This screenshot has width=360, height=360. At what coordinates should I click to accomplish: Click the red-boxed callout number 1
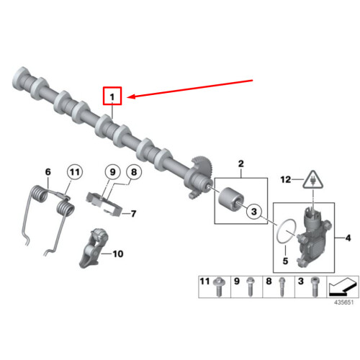click(112, 95)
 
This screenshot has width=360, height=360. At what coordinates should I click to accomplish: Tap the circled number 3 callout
click(253, 212)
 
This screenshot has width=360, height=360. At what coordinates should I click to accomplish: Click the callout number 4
click(347, 237)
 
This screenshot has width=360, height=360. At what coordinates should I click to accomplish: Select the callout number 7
click(132, 213)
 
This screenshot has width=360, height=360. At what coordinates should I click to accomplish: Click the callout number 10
click(117, 253)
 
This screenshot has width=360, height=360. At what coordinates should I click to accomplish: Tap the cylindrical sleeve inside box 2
click(232, 197)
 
